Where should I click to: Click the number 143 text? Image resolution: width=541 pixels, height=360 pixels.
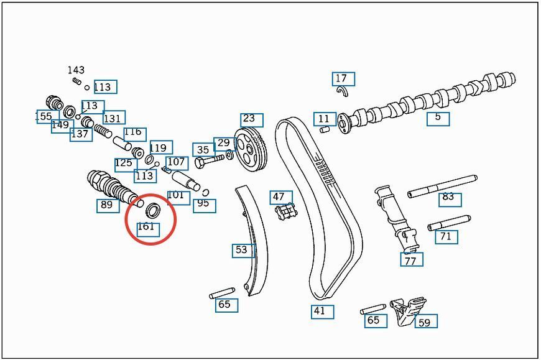[76, 70]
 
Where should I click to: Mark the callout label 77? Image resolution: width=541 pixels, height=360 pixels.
[412, 259]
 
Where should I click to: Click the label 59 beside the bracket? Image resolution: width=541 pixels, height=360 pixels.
[426, 321]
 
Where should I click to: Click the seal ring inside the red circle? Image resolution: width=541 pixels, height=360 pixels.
[152, 210]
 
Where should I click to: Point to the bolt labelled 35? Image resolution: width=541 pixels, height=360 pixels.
[210, 160]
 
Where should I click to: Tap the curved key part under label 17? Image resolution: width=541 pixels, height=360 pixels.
[343, 91]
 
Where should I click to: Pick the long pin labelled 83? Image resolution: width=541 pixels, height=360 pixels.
[442, 186]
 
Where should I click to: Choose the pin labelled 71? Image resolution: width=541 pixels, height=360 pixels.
[449, 223]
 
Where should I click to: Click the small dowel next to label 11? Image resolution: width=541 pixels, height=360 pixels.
[325, 130]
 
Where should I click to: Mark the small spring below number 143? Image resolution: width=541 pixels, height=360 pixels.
[77, 81]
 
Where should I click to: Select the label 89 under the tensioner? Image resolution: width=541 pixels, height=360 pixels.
[108, 206]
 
